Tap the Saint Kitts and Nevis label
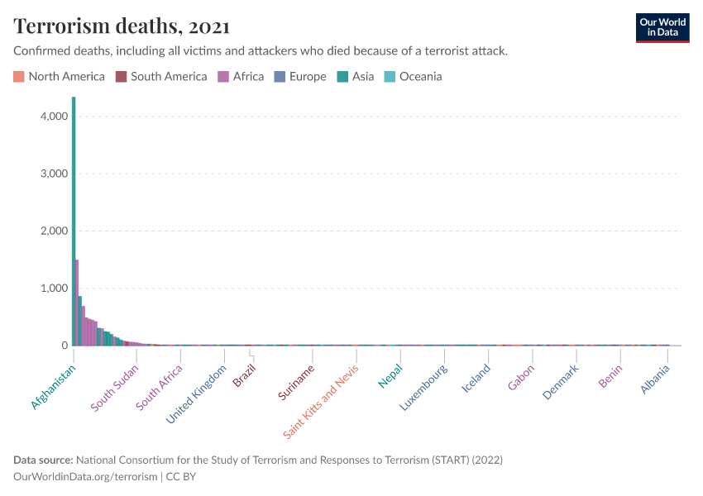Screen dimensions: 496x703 321,401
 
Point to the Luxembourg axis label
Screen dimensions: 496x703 423,388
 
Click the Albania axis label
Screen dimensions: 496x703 655,379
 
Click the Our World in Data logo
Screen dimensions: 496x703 662,28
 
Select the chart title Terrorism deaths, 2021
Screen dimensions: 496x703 122,26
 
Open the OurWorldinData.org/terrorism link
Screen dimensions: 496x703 85,476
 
